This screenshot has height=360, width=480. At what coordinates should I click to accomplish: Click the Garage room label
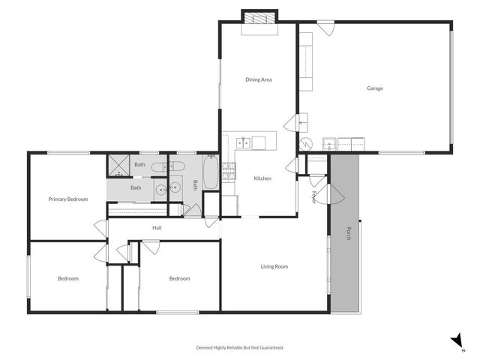pyautogui.click(x=375, y=88)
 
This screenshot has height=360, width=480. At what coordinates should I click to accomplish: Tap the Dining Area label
pyautogui.click(x=258, y=79)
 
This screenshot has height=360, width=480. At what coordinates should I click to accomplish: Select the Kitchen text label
pyautogui.click(x=262, y=178)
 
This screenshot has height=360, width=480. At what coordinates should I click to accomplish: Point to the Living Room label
pyautogui.click(x=274, y=266)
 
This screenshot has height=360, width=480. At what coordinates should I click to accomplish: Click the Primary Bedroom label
pyautogui.click(x=68, y=199)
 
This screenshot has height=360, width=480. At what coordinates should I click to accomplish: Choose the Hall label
pyautogui.click(x=157, y=228)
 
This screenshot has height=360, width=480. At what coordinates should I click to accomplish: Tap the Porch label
pyautogui.click(x=348, y=234)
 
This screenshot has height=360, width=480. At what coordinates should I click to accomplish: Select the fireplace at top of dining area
pyautogui.click(x=259, y=18)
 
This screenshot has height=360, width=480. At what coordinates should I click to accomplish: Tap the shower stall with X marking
pyautogui.click(x=118, y=165)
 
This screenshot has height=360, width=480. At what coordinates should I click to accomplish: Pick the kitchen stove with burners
pyautogui.click(x=229, y=172)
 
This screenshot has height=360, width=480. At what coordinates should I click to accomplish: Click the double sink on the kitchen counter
pyautogui.click(x=244, y=142)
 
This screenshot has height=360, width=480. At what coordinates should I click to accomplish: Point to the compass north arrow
pyautogui.click(x=457, y=341)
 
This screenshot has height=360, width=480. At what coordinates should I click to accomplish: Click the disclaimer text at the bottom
pyautogui.click(x=240, y=347)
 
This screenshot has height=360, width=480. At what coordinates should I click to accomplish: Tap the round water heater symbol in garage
pyautogui.click(x=306, y=144)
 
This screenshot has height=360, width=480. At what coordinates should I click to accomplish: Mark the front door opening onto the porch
pyautogui.click(x=334, y=196)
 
